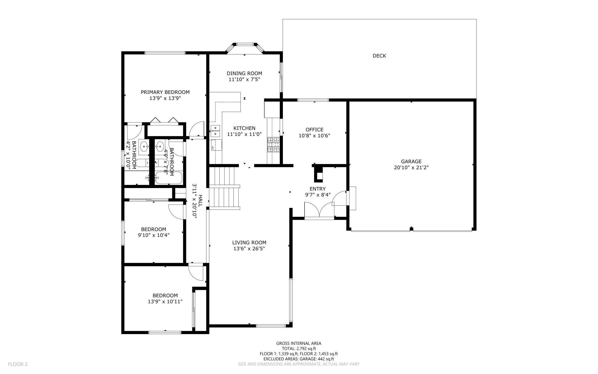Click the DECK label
click(379, 56)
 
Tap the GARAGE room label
click(411, 162)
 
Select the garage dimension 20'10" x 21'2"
click(411, 168)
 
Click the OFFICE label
click(314, 130)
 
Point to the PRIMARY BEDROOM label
click(165, 92)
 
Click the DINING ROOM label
click(244, 73)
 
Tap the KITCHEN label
click(244, 128)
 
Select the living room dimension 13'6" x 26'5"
click(249, 249)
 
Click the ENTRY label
click(317, 189)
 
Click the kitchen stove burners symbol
click(273, 145)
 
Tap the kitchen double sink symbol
click(215, 131)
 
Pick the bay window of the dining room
click(245, 48)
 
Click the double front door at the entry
click(319, 210)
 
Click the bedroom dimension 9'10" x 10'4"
click(154, 235)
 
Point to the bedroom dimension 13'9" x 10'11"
click(165, 302)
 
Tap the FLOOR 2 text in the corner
click(18, 364)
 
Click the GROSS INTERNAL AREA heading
click(299, 343)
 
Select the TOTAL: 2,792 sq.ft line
click(299, 349)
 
